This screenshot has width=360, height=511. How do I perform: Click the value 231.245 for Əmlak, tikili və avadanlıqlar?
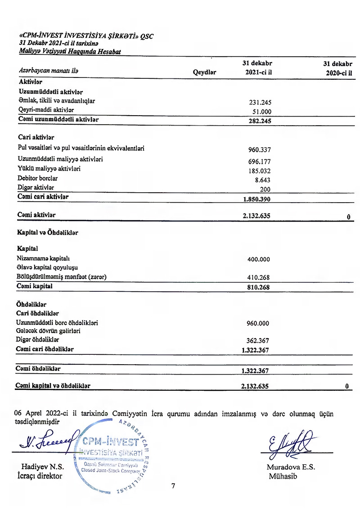[x=261, y=102]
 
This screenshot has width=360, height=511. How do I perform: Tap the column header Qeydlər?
[x=205, y=72]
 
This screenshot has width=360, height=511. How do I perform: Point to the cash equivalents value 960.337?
[x=260, y=150]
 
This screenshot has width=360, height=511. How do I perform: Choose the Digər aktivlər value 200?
[x=265, y=189]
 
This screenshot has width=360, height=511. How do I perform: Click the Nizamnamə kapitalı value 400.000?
[x=259, y=259]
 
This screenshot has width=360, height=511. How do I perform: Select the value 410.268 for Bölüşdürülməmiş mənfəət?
[x=259, y=277]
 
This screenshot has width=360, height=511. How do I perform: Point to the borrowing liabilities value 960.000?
[x=259, y=323]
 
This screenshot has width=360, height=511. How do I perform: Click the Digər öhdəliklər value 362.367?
[x=259, y=341]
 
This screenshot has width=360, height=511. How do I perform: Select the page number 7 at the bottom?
[x=173, y=486]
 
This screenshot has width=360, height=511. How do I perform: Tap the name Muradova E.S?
[x=291, y=467]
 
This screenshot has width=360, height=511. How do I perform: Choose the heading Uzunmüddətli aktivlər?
[x=51, y=92]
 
